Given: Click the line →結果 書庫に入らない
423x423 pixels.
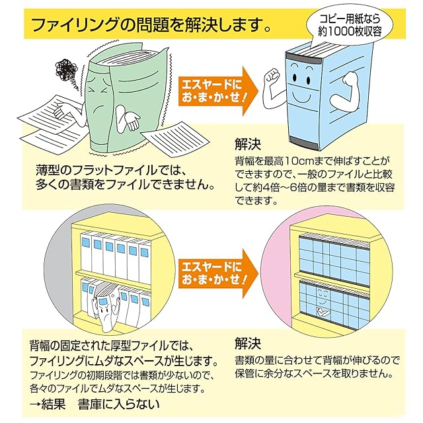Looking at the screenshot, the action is point(95,404).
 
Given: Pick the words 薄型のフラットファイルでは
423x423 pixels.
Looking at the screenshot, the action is point(106,171).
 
